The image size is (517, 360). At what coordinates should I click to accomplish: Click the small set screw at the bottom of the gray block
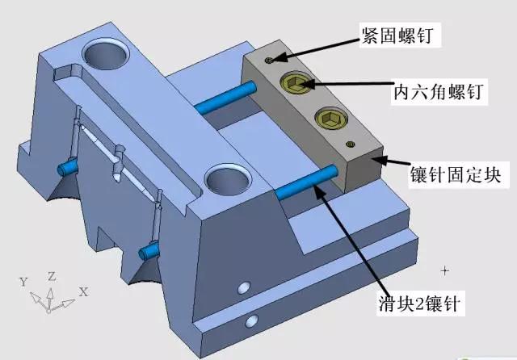pos(350,144)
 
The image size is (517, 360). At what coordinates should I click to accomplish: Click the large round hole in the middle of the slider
pos(227,178)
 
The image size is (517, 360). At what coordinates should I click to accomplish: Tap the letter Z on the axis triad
pos(52,276)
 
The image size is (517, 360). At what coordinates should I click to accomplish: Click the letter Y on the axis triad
pos(23,282)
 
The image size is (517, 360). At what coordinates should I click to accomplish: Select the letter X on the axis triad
pos(84,291)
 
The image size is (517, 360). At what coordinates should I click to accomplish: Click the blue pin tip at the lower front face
pos(148,251)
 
